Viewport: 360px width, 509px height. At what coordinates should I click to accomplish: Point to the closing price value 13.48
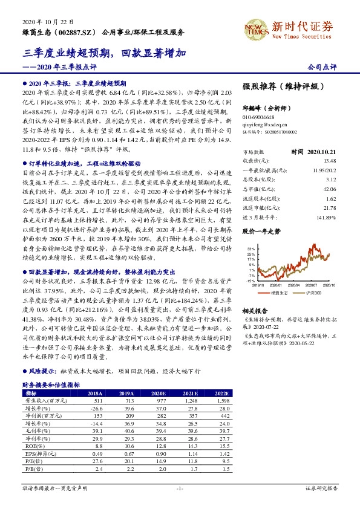coord(329,161)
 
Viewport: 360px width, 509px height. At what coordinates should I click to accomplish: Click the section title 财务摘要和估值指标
coord(51,384)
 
